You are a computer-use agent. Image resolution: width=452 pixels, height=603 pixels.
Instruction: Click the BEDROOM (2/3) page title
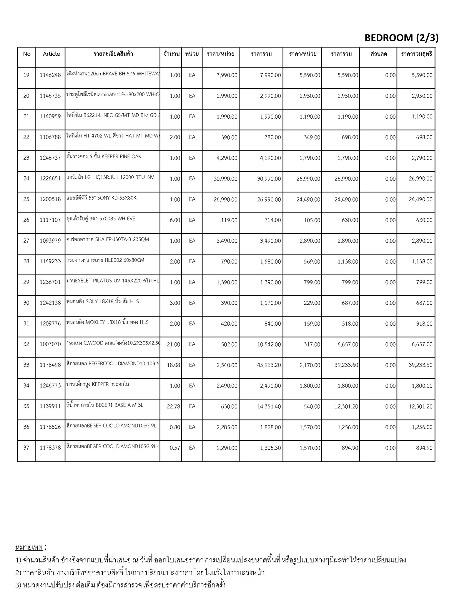(x=401, y=38)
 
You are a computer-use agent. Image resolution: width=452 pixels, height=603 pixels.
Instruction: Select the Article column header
(x=51, y=54)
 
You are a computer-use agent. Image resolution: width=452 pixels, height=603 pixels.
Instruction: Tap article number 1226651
(x=50, y=179)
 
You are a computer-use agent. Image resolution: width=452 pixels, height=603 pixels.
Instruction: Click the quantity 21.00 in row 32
(x=173, y=344)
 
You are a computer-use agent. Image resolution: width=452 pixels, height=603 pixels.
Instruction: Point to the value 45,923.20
(x=269, y=365)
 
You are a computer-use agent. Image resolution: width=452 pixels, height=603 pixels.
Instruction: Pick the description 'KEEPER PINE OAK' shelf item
(x=104, y=157)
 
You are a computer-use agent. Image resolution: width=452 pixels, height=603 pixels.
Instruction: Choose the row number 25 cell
(x=26, y=199)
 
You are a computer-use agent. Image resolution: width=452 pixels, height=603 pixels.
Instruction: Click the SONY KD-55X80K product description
(x=102, y=198)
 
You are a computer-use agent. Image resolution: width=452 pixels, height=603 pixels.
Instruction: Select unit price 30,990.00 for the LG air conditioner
(x=225, y=179)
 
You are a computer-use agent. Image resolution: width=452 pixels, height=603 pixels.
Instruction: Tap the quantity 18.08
(x=173, y=365)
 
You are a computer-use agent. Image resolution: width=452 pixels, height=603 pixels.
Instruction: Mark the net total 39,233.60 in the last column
(x=421, y=365)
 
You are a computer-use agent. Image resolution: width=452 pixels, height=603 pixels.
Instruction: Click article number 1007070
(x=50, y=344)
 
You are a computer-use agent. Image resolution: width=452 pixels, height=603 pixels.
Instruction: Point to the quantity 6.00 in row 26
(x=175, y=220)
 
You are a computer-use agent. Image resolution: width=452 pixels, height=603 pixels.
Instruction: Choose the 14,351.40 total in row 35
(x=269, y=407)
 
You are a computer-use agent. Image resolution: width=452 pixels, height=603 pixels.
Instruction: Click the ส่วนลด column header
(x=379, y=54)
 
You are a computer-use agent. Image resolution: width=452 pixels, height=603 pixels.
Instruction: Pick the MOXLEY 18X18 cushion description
(x=107, y=322)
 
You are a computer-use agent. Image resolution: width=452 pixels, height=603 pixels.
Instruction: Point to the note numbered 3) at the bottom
(x=121, y=585)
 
